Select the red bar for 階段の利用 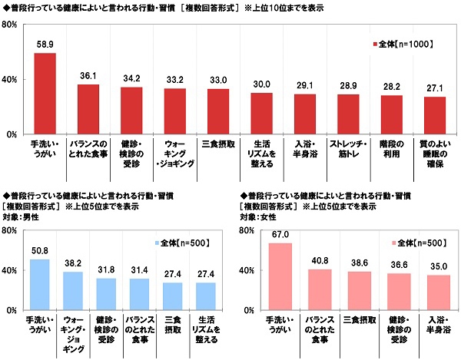coord(392,114)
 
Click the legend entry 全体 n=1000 coord(400,44)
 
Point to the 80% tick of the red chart coord(12,25)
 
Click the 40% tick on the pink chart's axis coord(247,270)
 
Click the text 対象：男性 coord(24,219)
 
